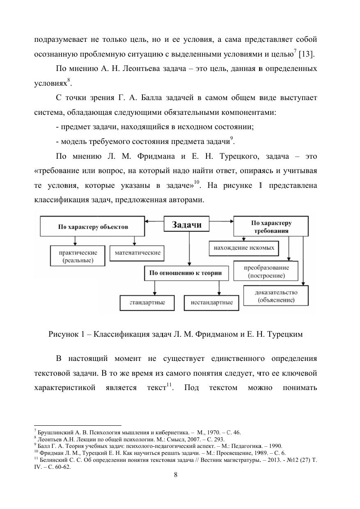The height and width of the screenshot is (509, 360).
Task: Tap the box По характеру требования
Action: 271,226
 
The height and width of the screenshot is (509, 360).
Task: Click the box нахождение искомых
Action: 243,248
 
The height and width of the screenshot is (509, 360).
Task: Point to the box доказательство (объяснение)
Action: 276,296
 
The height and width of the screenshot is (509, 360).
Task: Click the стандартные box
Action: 147,303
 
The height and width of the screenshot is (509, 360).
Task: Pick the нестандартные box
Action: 212,303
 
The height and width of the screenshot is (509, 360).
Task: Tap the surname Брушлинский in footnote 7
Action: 53,432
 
